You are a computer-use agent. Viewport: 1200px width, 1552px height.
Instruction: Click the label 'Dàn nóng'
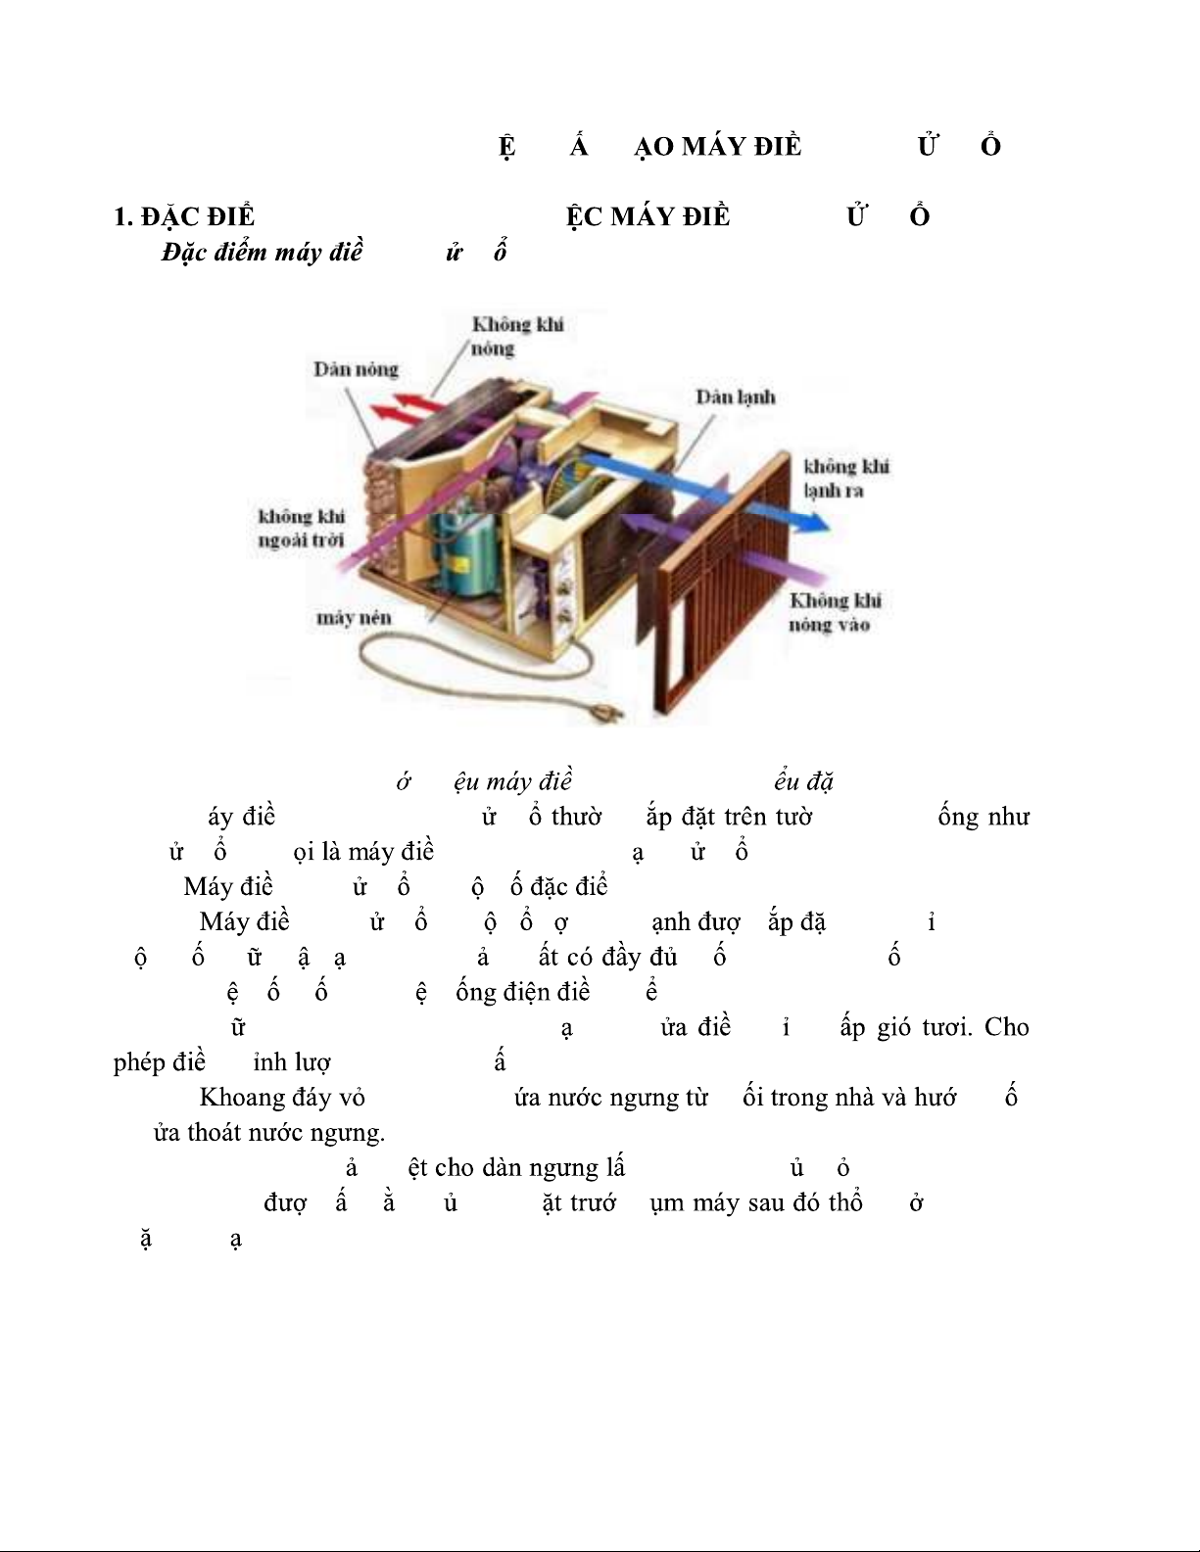click(x=356, y=369)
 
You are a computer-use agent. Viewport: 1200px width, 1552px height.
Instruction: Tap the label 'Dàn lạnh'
click(x=735, y=397)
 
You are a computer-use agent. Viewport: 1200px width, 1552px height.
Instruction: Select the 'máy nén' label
click(x=354, y=618)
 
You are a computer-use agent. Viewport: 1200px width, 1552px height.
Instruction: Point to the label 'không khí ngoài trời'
click(x=301, y=528)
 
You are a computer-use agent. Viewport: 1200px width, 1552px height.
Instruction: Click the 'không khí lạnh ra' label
click(x=845, y=478)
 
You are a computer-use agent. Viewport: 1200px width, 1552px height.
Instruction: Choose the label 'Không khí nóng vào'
click(x=835, y=612)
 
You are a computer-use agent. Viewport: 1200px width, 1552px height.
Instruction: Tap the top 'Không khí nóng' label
click(x=516, y=336)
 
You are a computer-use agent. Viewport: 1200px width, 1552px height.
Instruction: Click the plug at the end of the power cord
click(x=606, y=718)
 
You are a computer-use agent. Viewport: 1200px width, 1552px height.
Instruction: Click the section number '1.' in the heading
click(x=122, y=216)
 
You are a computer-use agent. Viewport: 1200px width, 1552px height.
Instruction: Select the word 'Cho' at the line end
click(x=1006, y=1027)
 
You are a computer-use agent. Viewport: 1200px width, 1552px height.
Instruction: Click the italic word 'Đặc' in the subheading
click(x=187, y=252)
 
